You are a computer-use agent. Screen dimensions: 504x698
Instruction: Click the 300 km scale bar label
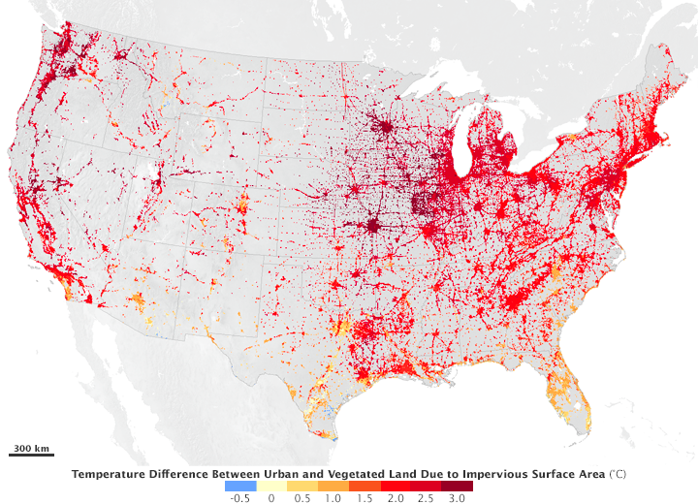coord(31,447)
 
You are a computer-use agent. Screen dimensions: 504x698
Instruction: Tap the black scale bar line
coord(31,454)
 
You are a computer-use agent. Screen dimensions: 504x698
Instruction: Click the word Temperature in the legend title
coord(109,473)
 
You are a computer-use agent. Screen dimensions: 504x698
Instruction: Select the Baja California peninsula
coord(107,368)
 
